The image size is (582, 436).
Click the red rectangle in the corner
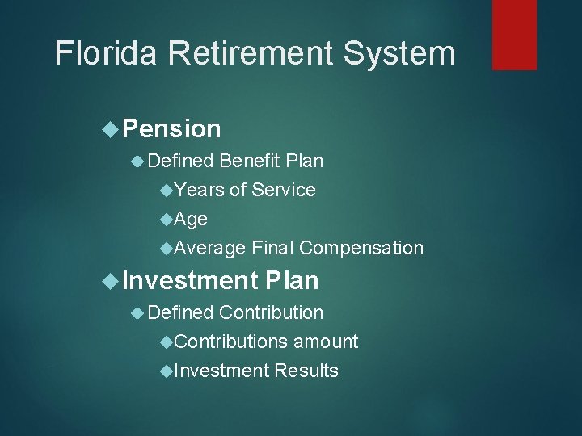514,35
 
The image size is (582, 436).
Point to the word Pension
172,128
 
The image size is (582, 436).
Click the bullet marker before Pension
112,128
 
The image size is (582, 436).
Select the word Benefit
248,161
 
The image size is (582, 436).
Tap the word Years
200,190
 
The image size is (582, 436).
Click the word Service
284,190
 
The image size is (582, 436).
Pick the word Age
191,219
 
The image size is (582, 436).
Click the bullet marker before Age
167,219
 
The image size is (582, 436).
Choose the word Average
210,248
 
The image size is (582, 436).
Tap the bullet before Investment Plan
112,280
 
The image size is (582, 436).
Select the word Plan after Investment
292,280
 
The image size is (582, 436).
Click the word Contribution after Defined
271,312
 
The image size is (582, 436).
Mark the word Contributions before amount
230,342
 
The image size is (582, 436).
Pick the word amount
325,342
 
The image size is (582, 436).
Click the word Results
306,371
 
